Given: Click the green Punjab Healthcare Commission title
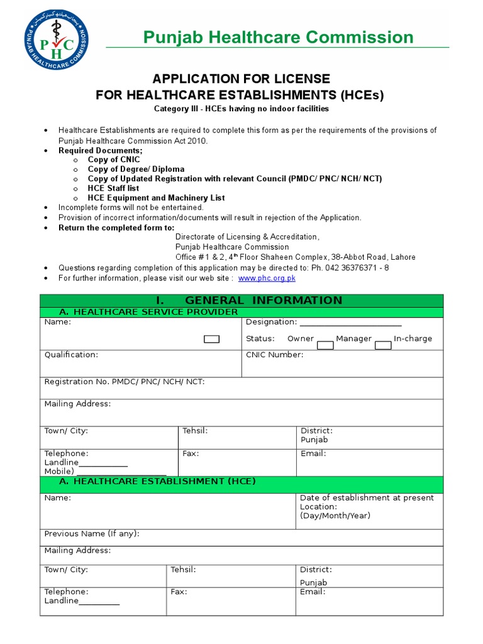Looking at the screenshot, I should coord(278,37).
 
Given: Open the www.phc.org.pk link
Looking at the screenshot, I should coord(267,278).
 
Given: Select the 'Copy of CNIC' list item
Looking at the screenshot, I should coord(114,160).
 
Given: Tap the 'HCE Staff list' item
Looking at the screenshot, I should coord(113,188).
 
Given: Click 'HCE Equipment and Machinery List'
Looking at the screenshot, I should coord(156,197).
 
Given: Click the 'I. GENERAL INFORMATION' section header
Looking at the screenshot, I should coord(241,300).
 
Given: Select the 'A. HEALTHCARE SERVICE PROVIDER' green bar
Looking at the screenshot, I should coord(148,312).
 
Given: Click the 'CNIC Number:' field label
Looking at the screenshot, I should coord(274,355).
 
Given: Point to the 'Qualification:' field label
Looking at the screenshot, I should coord(71,355).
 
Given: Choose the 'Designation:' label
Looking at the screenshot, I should coord(271,322).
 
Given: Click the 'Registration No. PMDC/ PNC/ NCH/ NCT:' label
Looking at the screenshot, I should coord(124,382).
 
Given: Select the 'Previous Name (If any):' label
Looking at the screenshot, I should coord(91,533).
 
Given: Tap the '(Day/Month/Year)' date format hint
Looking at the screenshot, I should coord(335,516).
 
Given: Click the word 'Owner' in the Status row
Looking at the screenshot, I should coord(300,338).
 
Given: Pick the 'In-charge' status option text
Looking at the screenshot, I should coord(413,338).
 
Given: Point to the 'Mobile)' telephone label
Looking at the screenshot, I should coord(59,471).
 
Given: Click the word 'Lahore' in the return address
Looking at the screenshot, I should coord(402,257).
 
